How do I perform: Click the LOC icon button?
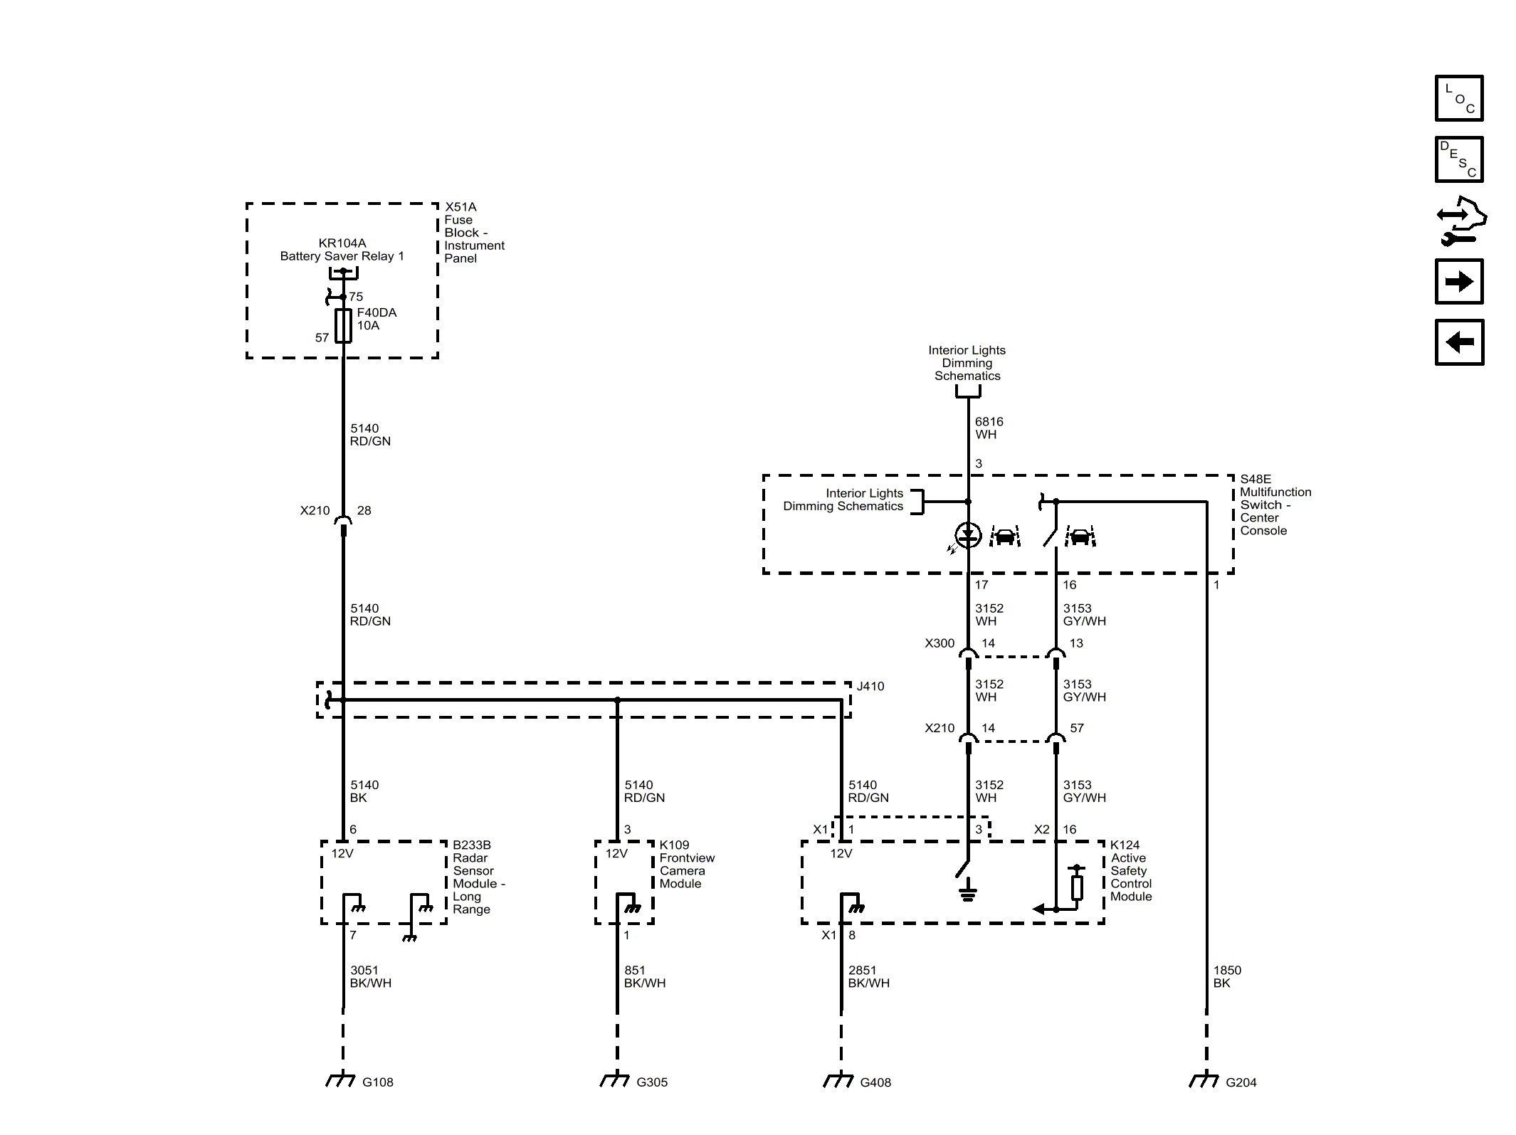(x=1458, y=98)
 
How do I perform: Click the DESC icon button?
(x=1458, y=159)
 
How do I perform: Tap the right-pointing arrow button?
(x=1458, y=282)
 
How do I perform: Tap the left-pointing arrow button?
(x=1458, y=342)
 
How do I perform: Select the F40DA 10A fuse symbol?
(x=343, y=326)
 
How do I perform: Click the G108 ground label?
(x=377, y=1082)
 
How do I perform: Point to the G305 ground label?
(x=651, y=1082)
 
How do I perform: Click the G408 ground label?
(x=875, y=1082)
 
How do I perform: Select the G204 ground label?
(x=1241, y=1082)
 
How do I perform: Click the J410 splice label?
(x=870, y=687)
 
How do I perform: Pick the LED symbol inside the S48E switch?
(x=968, y=535)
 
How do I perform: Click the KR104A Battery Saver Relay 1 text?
(x=342, y=250)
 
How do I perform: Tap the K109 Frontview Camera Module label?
(x=686, y=865)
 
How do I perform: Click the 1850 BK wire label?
(x=1226, y=976)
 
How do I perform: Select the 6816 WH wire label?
(x=989, y=428)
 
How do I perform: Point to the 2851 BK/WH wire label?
(x=868, y=976)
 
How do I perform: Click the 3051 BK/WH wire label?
(x=370, y=976)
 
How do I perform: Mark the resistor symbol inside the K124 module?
(x=1077, y=887)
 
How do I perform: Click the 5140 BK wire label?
(x=364, y=791)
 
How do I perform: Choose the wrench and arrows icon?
(x=1459, y=221)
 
